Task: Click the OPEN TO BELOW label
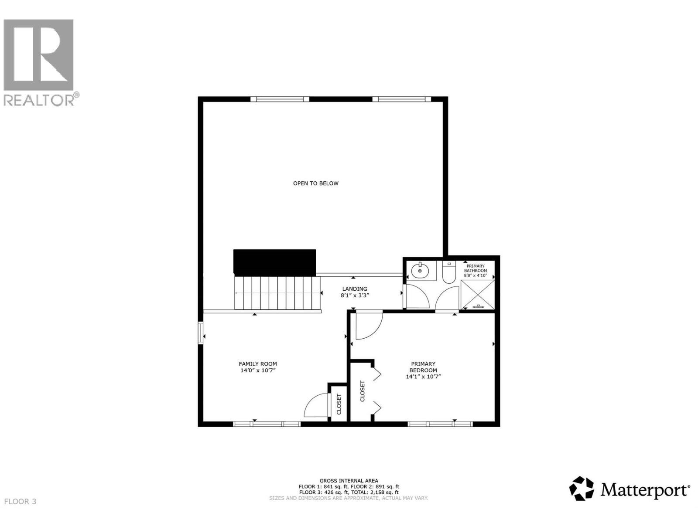coord(315,183)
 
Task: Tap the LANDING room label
coord(354,289)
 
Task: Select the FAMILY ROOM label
coord(257,364)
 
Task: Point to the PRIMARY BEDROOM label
coord(423,367)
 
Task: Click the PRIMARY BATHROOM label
coord(475,268)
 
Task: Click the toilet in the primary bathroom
coord(448,272)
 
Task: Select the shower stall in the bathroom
coord(478,295)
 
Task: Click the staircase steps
coord(277,293)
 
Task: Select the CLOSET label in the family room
coord(339,404)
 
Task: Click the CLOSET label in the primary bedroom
coord(362,391)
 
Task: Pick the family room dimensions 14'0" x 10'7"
coord(257,370)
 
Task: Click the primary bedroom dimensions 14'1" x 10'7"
coord(423,377)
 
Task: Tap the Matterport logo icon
coord(582,489)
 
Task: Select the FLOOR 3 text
coord(20,502)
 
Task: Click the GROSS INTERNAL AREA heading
coord(349,481)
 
